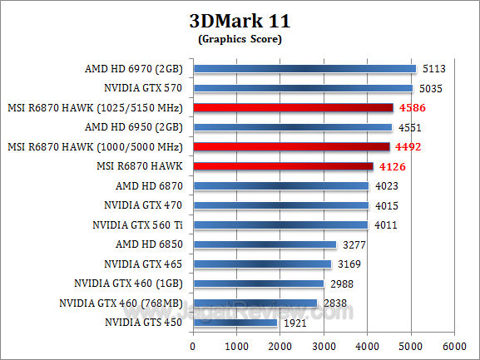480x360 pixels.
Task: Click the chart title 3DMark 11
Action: (x=240, y=20)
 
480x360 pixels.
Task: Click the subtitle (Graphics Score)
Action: (x=240, y=38)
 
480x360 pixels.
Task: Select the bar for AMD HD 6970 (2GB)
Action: (x=304, y=68)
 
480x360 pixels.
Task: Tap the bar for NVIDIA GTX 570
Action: (x=303, y=87)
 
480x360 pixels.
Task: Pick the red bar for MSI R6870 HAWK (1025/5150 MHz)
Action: (x=293, y=107)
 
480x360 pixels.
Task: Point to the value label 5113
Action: (x=436, y=68)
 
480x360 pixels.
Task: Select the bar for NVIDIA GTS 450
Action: (x=235, y=322)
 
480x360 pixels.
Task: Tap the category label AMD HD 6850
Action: (x=151, y=244)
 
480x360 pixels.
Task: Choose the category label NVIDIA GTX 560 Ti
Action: (x=139, y=224)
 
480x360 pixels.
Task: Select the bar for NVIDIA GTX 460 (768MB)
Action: (x=255, y=303)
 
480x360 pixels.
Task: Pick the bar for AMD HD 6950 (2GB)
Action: (x=292, y=127)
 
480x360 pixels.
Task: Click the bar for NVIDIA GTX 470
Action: (x=280, y=205)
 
